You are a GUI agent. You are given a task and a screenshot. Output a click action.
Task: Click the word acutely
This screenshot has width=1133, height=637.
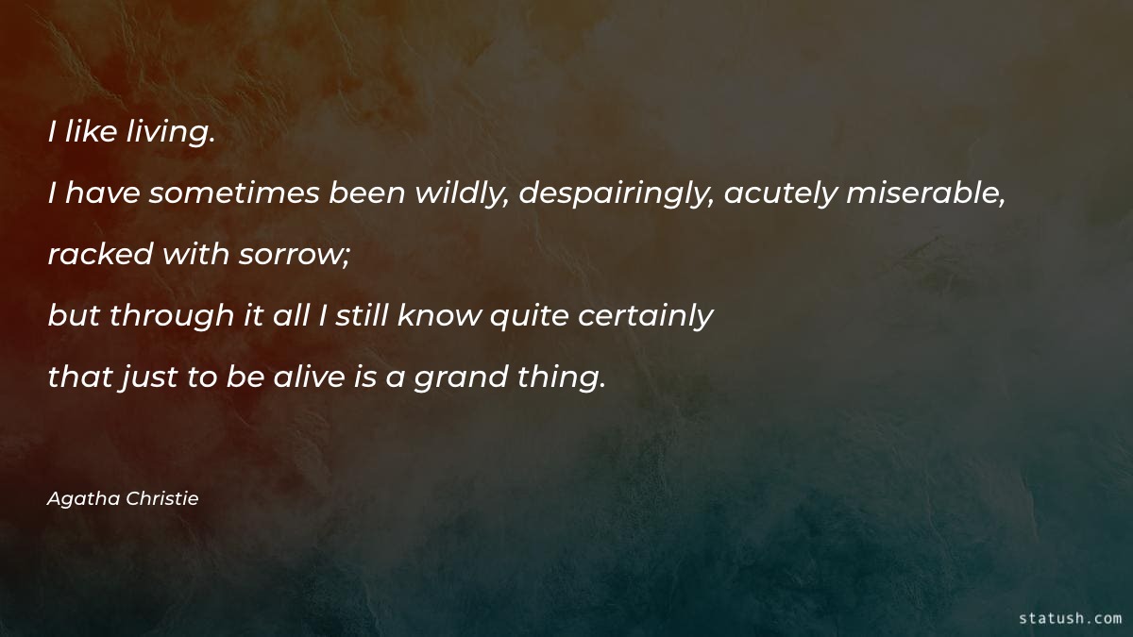point(780,193)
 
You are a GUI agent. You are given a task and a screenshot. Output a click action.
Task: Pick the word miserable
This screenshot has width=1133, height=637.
point(923,193)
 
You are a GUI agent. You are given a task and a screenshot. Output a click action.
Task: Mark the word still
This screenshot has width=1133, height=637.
point(359,316)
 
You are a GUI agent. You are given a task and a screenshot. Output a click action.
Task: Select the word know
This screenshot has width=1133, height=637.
point(438,316)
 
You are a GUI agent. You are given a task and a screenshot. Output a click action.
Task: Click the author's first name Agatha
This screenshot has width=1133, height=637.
point(84,499)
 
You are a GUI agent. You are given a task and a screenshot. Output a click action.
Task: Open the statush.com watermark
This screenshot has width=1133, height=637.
point(1071,618)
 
